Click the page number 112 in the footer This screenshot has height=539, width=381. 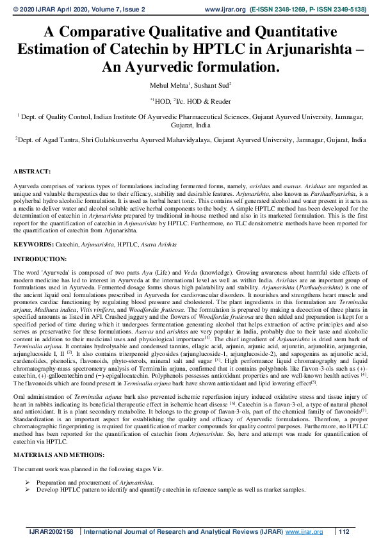pos(345,531)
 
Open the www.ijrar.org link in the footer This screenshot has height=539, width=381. pos(303,531)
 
